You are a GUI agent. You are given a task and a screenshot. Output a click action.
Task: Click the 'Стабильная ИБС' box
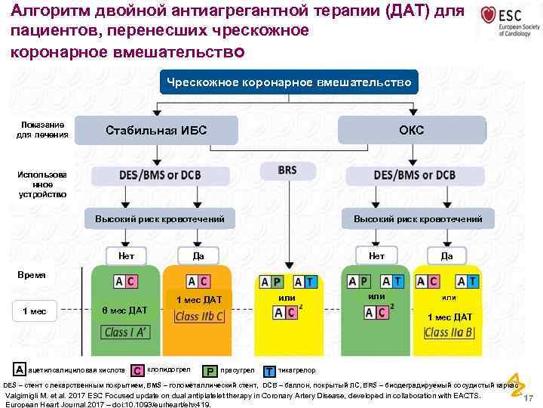pyautogui.click(x=156, y=130)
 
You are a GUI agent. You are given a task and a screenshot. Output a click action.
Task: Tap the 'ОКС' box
pyautogui.click(x=411, y=130)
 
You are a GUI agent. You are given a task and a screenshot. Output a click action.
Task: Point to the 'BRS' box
pyautogui.click(x=287, y=171)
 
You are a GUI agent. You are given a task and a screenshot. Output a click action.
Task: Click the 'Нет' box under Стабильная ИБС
pyautogui.click(x=127, y=255)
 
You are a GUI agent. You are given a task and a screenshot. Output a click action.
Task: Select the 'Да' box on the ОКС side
pyautogui.click(x=446, y=255)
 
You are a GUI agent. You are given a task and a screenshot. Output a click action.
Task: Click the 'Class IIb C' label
pyautogui.click(x=199, y=317)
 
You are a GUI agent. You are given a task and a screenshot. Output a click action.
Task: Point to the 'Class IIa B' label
pyautogui.click(x=449, y=332)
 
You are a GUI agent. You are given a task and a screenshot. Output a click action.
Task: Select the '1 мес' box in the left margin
pyautogui.click(x=35, y=311)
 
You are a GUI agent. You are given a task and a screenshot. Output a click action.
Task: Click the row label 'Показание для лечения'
pyautogui.click(x=41, y=129)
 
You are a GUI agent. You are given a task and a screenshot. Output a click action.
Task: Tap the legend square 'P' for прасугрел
pyautogui.click(x=211, y=371)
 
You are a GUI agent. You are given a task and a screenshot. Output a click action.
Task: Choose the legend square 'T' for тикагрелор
pyautogui.click(x=269, y=371)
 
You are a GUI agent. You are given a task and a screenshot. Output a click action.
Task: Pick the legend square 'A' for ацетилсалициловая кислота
pyautogui.click(x=19, y=369)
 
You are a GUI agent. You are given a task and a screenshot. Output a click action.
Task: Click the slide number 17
pyautogui.click(x=528, y=398)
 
